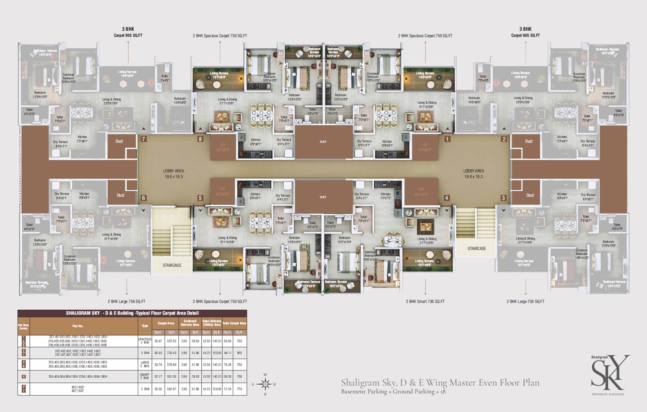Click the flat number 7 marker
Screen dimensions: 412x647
[x=144, y=139]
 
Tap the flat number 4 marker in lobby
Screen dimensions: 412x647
[x=447, y=198]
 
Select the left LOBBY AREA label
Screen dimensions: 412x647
[x=173, y=174]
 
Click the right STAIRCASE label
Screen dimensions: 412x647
[x=477, y=248]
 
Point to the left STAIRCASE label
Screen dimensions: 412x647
[x=172, y=265]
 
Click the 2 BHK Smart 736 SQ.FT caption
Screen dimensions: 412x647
[x=425, y=301]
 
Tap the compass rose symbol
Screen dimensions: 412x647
[x=265, y=384]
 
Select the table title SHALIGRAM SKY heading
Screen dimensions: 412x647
[x=132, y=313]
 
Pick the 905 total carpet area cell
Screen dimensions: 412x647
[x=239, y=353]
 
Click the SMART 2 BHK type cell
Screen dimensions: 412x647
[x=145, y=376]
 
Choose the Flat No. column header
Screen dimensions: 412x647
[x=78, y=326]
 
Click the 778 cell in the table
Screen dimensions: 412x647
[x=239, y=389]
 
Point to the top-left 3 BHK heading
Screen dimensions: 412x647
[x=128, y=29]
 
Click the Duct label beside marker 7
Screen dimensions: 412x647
[x=119, y=141]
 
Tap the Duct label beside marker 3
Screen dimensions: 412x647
[x=530, y=195]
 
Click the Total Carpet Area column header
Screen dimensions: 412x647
[x=234, y=323]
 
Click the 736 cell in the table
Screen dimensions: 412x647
[x=239, y=377]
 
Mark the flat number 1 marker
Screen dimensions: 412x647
[x=447, y=139]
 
